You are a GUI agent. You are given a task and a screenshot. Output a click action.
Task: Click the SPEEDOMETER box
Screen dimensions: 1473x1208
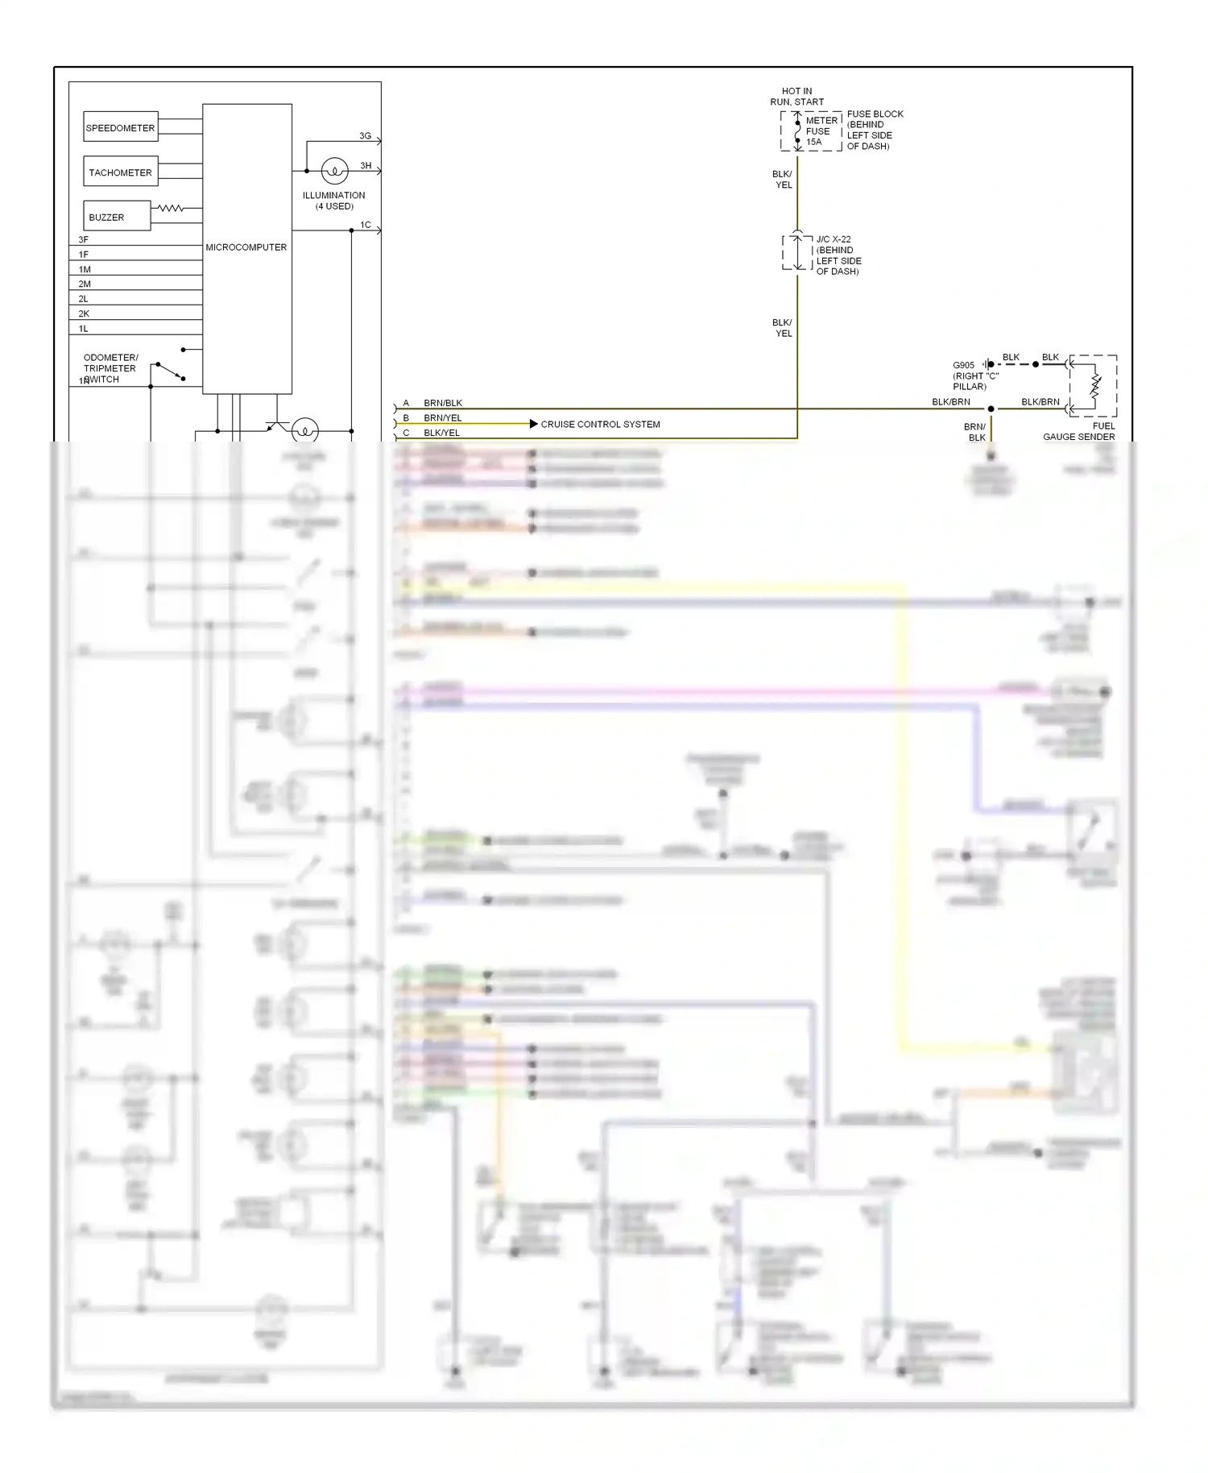coord(121,127)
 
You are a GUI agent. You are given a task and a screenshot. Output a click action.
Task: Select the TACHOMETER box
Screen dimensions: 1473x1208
coord(121,172)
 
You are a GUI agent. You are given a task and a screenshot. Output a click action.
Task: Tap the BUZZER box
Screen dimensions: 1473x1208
coord(117,216)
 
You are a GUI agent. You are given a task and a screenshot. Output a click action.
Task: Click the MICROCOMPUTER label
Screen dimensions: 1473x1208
coord(246,247)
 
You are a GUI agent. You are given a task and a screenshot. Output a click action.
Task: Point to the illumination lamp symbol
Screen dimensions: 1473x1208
coord(334,171)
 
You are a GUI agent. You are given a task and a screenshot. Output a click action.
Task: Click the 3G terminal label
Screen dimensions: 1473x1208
coord(366,136)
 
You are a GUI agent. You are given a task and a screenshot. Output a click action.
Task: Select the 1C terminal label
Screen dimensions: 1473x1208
coord(366,225)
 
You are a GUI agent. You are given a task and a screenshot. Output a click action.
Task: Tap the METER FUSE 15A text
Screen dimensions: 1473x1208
coord(821,131)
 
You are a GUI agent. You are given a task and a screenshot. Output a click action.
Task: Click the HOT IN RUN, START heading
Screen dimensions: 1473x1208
coord(796,97)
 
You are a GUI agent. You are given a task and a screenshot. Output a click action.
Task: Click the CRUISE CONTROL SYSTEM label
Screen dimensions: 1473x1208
coord(600,424)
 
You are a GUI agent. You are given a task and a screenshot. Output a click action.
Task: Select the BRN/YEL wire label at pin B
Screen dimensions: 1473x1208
coord(443,418)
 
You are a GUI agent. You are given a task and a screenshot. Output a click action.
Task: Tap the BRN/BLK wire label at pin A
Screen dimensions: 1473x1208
coord(443,403)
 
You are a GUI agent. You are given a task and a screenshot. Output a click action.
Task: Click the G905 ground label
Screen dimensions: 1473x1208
coord(964,365)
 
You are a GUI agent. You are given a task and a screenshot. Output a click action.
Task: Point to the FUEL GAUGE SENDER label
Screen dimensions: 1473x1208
coord(1078,431)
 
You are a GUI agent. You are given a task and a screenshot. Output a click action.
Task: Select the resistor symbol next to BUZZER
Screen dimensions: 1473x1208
coord(170,208)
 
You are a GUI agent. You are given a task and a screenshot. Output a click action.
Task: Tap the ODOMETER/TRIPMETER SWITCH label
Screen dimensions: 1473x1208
coord(110,368)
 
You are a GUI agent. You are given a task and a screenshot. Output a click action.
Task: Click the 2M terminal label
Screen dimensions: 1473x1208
coord(85,284)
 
